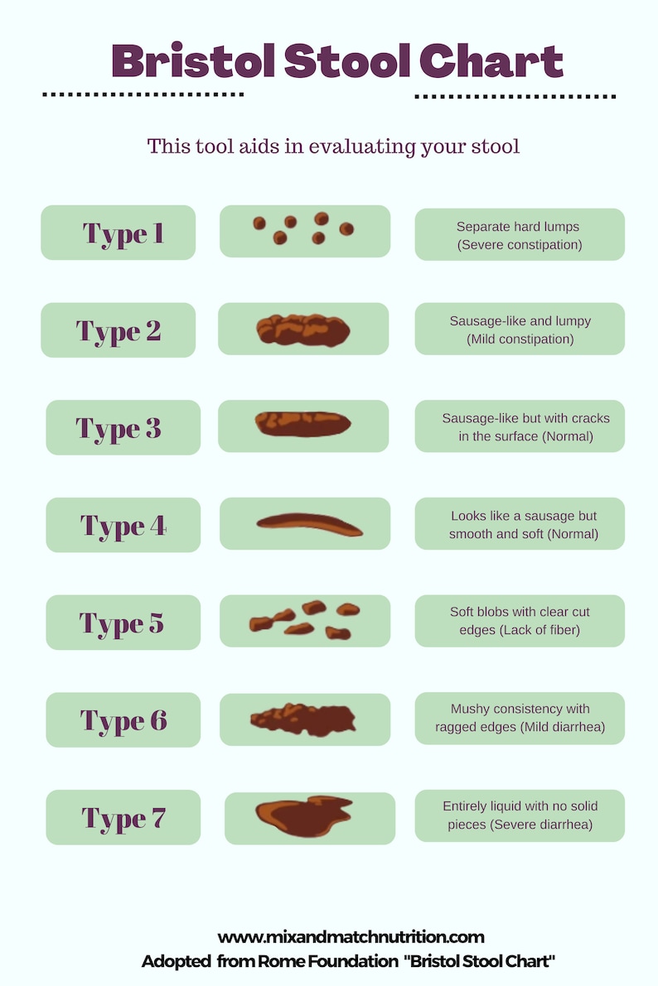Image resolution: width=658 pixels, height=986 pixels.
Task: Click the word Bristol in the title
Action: (x=192, y=60)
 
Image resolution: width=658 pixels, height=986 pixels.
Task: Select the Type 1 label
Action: (x=123, y=233)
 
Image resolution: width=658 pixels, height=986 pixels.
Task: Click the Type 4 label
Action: (x=123, y=525)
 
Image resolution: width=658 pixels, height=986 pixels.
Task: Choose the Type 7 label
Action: (x=123, y=818)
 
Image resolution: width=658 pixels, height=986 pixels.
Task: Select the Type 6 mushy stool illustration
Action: (x=303, y=719)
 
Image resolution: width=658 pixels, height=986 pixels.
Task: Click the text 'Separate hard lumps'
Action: (x=518, y=226)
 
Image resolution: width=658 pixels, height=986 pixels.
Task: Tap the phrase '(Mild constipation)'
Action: (x=520, y=339)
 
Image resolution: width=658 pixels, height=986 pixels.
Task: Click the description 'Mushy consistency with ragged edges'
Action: (x=520, y=718)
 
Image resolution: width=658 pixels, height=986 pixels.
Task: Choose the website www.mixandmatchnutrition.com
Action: (x=351, y=937)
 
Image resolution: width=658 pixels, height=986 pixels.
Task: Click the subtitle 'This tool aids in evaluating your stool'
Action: (x=333, y=147)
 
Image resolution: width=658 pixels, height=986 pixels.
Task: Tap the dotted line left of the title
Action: (x=143, y=94)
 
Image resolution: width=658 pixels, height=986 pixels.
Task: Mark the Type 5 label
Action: (x=122, y=623)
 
